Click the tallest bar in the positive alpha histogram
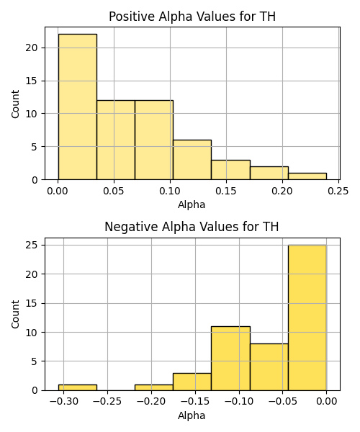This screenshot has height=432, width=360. [x=77, y=107]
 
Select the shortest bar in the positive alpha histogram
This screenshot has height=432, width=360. [x=307, y=176]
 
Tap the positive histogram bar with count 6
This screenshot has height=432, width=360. [x=192, y=160]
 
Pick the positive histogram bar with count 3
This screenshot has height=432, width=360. [x=231, y=170]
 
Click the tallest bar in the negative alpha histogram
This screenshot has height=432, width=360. [x=307, y=318]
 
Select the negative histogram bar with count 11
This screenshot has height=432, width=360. [x=231, y=359]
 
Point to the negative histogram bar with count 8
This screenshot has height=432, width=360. [x=269, y=367]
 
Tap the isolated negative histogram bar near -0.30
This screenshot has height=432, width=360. [x=77, y=387]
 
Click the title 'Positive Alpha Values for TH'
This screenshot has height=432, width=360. [x=192, y=17]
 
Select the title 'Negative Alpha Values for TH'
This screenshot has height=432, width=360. [x=192, y=227]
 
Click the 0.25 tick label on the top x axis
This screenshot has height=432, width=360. [x=338, y=191]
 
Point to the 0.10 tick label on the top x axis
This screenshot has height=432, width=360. [x=170, y=191]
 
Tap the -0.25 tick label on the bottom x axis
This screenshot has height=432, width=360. [x=107, y=402]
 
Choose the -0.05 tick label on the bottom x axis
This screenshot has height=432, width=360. [x=283, y=402]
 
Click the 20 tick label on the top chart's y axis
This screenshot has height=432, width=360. [x=31, y=48]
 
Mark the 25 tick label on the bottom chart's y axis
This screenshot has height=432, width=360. [x=31, y=246]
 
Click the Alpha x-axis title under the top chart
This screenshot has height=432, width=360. [x=192, y=204]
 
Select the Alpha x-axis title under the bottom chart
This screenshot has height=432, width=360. [x=192, y=415]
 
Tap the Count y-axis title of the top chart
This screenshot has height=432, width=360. [x=15, y=104]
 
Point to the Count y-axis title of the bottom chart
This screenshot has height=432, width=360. [x=15, y=315]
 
